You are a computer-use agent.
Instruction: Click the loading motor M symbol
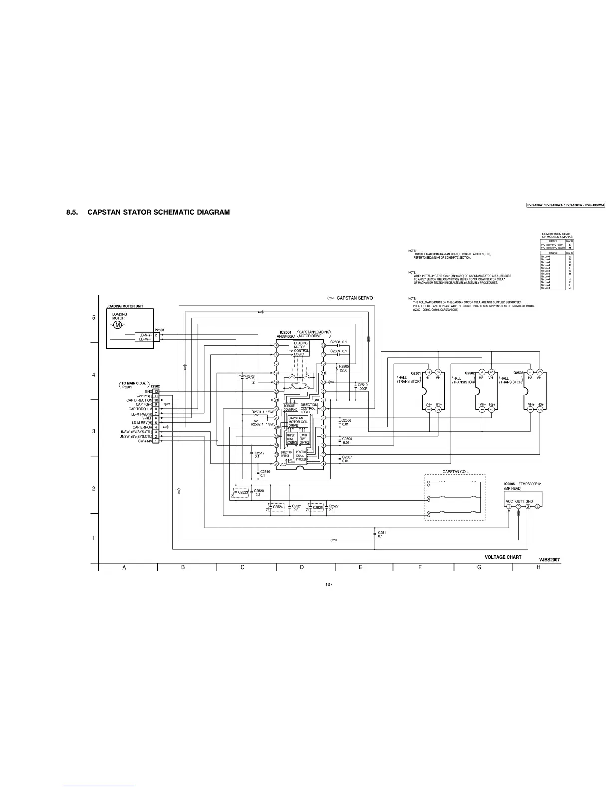coord(118,325)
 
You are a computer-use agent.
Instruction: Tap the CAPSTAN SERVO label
coord(354,298)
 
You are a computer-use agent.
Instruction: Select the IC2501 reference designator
coord(285,332)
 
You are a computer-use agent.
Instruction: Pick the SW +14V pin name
coord(145,441)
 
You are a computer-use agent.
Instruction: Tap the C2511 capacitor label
coord(383,532)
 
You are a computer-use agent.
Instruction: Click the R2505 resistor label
coord(344,366)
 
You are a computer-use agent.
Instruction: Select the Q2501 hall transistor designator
coord(416,373)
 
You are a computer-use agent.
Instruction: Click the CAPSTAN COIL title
coord(455,472)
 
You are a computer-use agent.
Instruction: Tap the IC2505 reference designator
coord(510,484)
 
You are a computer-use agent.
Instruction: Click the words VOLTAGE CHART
coord(503,557)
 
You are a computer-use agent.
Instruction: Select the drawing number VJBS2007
coord(549,560)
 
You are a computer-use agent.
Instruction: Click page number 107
coord(328,584)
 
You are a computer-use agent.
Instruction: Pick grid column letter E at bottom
coord(360,568)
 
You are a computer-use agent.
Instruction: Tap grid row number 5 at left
coord(94,318)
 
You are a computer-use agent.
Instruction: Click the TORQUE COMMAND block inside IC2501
coord(290,408)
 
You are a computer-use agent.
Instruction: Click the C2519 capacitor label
coord(362,385)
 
